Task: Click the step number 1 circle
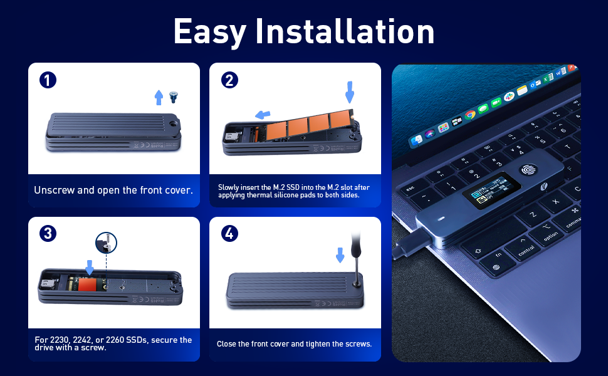[x=48, y=80]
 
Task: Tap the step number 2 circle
[x=229, y=80]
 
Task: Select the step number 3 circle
[x=48, y=234]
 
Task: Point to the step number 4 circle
[x=229, y=234]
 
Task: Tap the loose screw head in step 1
[x=174, y=97]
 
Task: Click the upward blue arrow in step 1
[x=159, y=97]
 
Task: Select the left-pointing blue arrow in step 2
[x=263, y=115]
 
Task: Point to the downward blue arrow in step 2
[x=349, y=93]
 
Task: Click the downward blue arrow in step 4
[x=340, y=254]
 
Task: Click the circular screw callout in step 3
[x=106, y=243]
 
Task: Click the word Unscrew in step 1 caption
[x=53, y=190]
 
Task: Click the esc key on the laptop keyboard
[x=411, y=187]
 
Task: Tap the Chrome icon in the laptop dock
[x=470, y=115]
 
